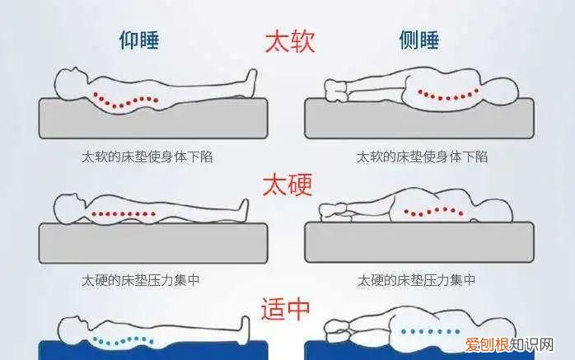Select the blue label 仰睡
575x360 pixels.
[x=139, y=41]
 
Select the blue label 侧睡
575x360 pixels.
[x=419, y=41]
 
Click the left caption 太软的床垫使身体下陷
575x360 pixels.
[x=147, y=157]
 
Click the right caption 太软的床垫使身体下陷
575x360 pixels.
[x=423, y=157]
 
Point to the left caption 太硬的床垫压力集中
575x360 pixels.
[x=141, y=280]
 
